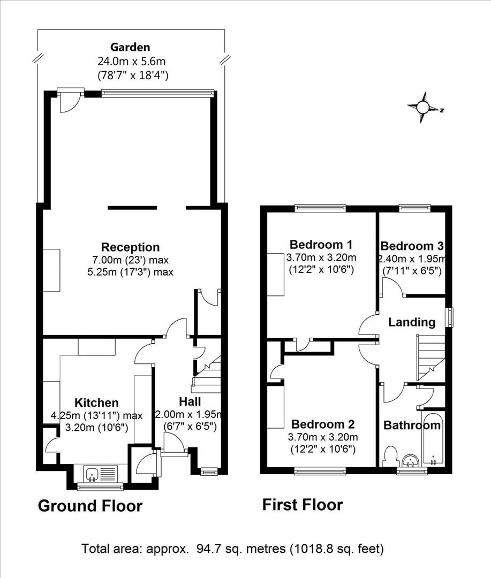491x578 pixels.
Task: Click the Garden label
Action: (130, 47)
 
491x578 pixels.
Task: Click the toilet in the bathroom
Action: (390, 457)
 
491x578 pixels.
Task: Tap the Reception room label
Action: (130, 247)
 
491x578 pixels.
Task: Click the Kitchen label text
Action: (96, 402)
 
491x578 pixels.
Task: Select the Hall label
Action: (190, 401)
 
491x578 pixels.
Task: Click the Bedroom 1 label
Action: (321, 245)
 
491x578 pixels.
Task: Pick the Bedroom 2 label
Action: (323, 424)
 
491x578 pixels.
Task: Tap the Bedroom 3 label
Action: (412, 246)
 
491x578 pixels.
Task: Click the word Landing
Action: (412, 322)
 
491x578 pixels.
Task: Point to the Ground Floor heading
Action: (90, 506)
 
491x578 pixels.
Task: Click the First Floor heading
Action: (303, 505)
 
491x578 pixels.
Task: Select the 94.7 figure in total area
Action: (208, 549)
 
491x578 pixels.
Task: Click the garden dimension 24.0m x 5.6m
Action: (131, 61)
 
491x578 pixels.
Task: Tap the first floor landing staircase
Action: (431, 358)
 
